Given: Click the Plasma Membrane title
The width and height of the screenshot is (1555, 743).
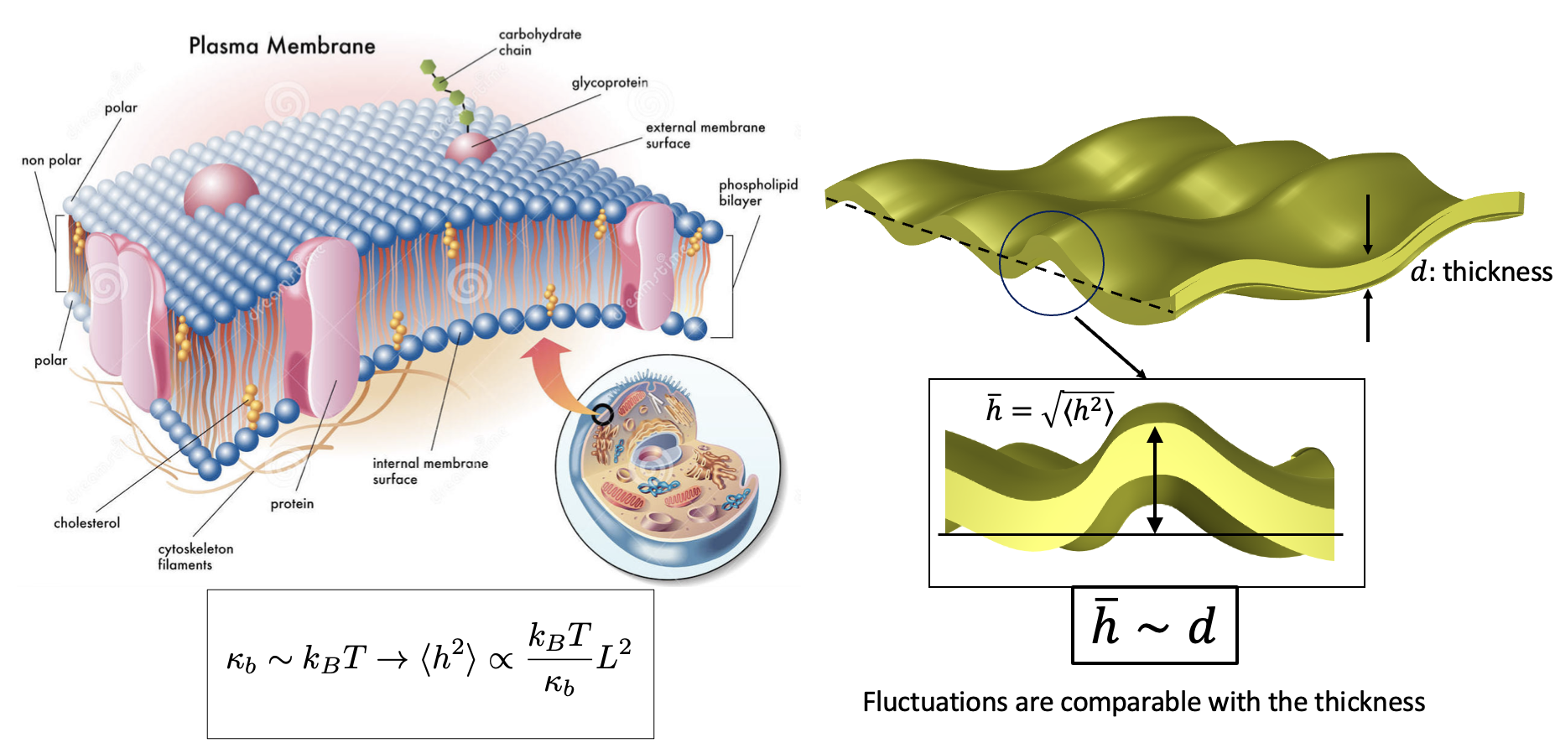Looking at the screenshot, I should (x=282, y=45).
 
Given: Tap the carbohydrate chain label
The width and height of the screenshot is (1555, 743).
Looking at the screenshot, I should (x=539, y=42).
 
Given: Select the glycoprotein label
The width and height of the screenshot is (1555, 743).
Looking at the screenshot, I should (x=610, y=82).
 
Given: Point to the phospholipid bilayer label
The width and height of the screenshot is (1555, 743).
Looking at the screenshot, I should (x=757, y=192).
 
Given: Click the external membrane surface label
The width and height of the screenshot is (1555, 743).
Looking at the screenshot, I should (x=705, y=135).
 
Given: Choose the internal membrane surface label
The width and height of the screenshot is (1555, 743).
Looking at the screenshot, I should (x=429, y=470).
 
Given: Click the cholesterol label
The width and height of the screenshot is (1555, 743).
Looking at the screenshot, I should (x=86, y=522).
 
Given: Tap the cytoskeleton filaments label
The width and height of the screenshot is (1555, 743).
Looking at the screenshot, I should (x=195, y=556).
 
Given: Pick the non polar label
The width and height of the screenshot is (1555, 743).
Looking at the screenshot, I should (x=51, y=160).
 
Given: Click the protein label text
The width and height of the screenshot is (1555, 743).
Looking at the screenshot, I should (x=292, y=503).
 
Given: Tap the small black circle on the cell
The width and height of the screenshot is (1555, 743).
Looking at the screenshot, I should (x=602, y=413).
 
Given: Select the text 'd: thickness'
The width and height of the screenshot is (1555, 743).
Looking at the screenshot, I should (x=1481, y=272).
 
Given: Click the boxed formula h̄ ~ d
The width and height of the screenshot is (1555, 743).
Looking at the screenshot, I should (x=1154, y=626).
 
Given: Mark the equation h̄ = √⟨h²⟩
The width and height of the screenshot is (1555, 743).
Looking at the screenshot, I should (x=1049, y=409).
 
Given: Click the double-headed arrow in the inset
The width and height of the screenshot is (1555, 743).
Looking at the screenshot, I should (x=1155, y=480).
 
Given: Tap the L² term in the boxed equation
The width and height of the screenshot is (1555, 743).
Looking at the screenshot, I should (x=614, y=657).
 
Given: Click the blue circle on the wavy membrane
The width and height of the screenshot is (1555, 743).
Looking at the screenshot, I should (x=1051, y=263).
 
